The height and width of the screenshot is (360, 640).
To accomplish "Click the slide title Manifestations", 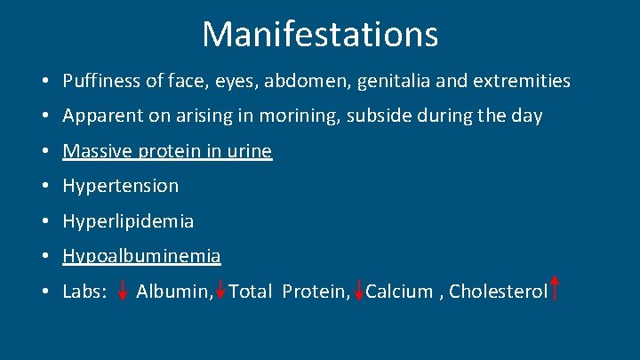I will pos(320,35).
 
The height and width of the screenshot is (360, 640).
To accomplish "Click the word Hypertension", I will pos(120,186).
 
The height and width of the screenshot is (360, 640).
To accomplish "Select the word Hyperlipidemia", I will pos(128,220).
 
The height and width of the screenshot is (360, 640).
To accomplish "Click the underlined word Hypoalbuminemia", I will pos(141,256).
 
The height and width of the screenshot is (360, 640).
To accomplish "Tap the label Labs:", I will pos(85,292).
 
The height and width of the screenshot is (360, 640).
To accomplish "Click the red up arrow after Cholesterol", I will pos(555,288).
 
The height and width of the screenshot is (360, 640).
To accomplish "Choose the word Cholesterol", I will pos(498,292).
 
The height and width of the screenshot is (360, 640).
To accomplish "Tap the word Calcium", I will pos(399,292).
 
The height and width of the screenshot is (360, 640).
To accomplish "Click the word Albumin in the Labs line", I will pos(174,292).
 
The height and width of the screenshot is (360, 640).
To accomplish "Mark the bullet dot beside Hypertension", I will pos(44,187).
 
